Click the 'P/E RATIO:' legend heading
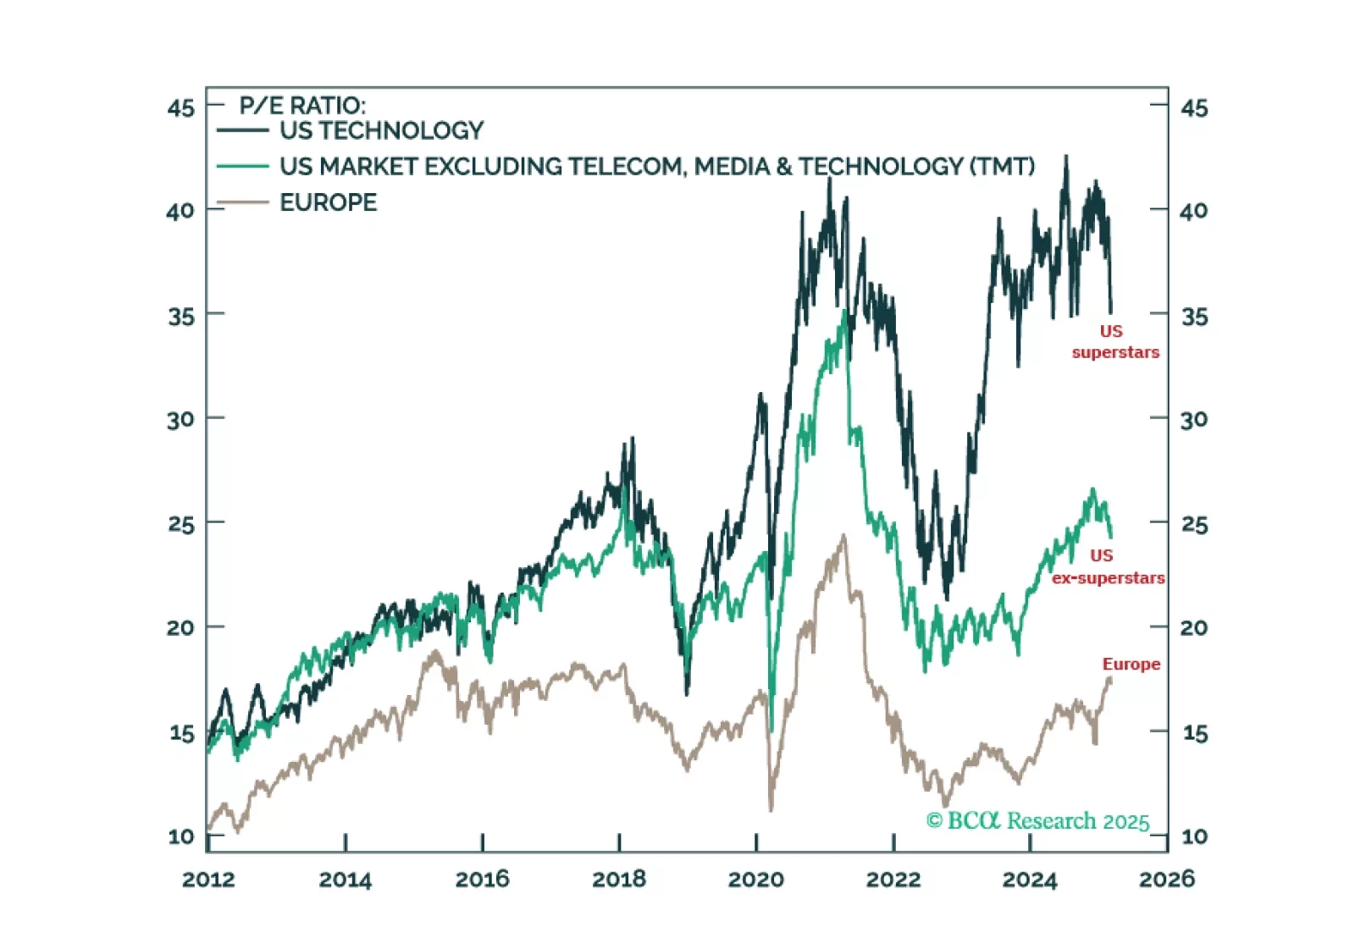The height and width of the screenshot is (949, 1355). [x=302, y=106]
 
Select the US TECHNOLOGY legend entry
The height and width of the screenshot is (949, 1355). [x=381, y=130]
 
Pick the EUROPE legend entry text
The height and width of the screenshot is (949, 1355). [x=328, y=202]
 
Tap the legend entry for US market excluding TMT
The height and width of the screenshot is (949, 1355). [x=656, y=166]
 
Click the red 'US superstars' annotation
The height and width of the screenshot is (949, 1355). [x=1114, y=341]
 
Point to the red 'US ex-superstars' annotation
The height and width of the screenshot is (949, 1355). [x=1107, y=566]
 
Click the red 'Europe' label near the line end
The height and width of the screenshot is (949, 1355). [x=1131, y=664]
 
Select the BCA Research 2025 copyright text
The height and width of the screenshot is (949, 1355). [x=1037, y=820]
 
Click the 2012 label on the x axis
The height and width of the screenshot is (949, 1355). [x=207, y=880]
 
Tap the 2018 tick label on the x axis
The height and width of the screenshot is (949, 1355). [x=618, y=880]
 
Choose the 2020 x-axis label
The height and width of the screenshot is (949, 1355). [x=755, y=880]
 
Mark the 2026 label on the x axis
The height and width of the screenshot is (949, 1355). [x=1166, y=880]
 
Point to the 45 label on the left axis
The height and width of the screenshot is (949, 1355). [x=180, y=108]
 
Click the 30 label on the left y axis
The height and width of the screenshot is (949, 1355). [x=180, y=419]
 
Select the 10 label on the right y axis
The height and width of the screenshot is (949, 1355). [x=1194, y=836]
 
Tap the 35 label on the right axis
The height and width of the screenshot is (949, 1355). [x=1194, y=317]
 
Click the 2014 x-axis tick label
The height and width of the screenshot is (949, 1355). [x=345, y=880]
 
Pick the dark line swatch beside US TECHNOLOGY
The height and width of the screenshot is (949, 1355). [x=242, y=130]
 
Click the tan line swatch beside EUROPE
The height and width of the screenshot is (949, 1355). [x=242, y=203]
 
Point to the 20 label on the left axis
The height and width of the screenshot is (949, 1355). [x=180, y=627]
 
